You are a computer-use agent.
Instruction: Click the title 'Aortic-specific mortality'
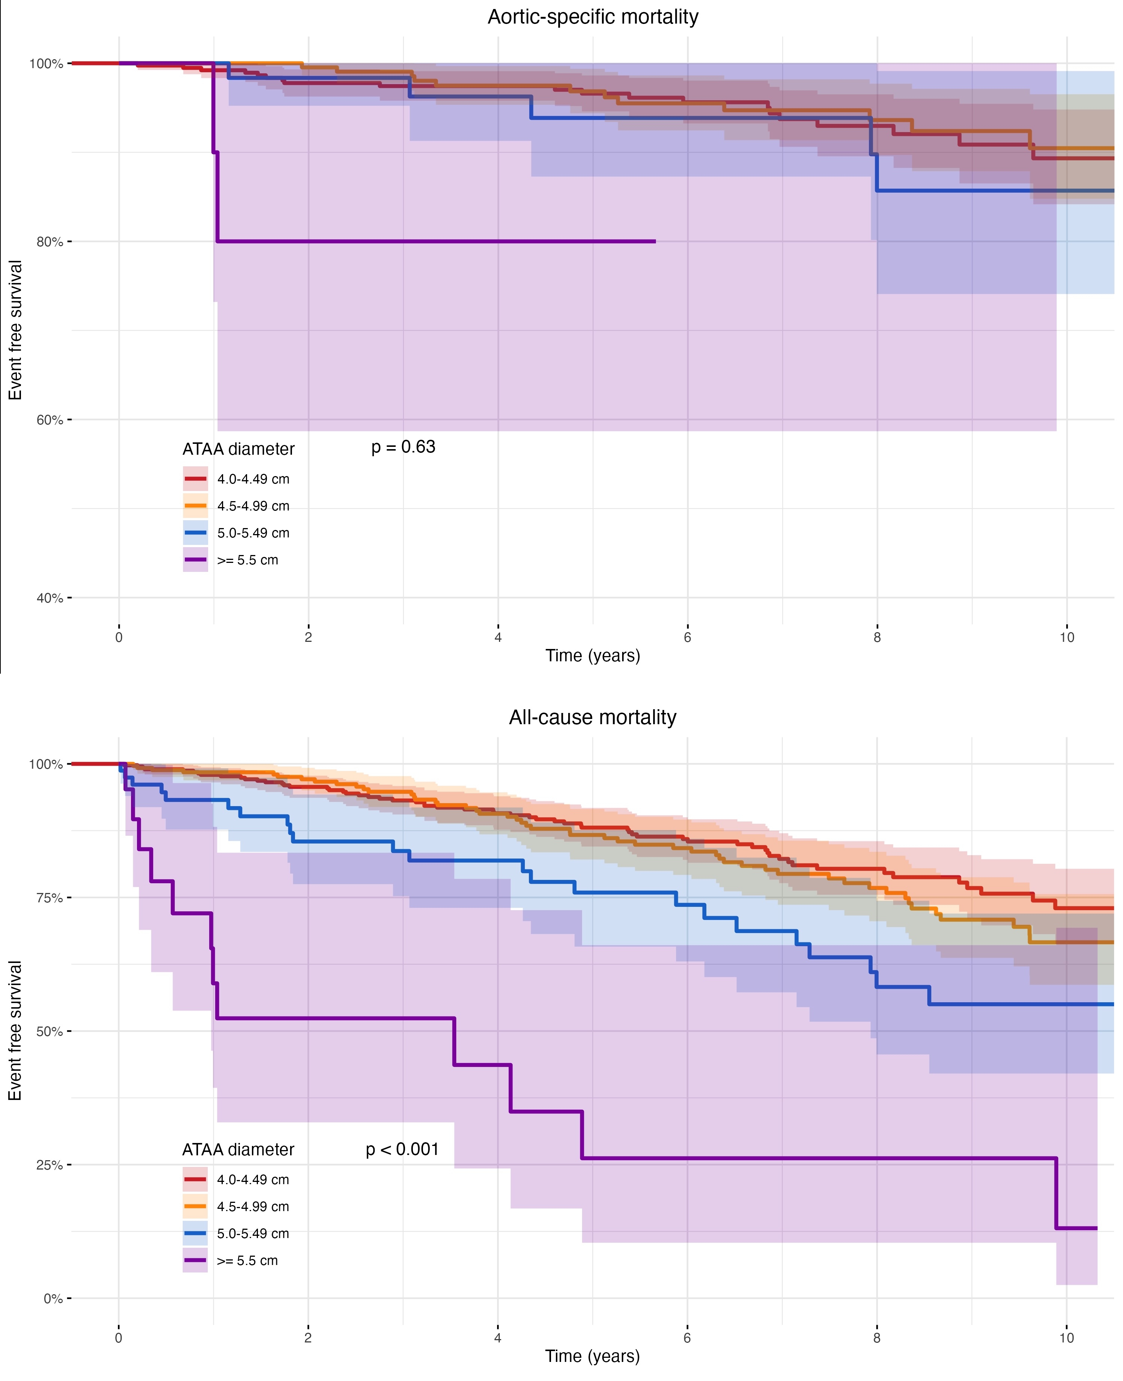(593, 17)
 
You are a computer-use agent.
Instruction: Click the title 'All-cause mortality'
(593, 717)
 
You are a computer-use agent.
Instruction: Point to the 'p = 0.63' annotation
(403, 447)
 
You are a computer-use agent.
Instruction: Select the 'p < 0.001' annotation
(402, 1149)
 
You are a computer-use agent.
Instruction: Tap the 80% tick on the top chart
(50, 242)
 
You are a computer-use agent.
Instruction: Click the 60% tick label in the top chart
(50, 420)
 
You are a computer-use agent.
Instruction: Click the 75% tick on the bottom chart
(50, 898)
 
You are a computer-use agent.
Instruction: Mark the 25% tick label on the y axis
(50, 1165)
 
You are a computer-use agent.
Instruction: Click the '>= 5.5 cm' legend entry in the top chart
(247, 560)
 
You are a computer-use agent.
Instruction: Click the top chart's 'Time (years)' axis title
(593, 656)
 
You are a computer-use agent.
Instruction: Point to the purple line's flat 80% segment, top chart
(433, 241)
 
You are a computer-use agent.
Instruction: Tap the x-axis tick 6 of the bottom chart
(687, 1338)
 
